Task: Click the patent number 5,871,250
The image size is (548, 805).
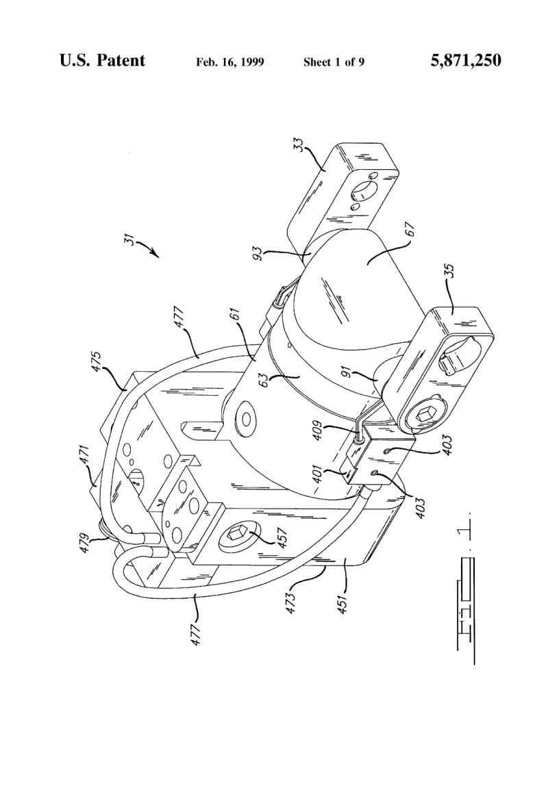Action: [465, 60]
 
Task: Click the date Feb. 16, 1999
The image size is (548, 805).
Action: [230, 62]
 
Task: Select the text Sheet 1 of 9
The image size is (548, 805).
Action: [334, 62]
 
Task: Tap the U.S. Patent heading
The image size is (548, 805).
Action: [102, 60]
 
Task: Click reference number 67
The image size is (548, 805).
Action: [410, 229]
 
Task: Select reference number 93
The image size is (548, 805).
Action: [258, 253]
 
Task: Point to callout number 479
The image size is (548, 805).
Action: [85, 544]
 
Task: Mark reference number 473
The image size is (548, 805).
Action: [290, 603]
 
